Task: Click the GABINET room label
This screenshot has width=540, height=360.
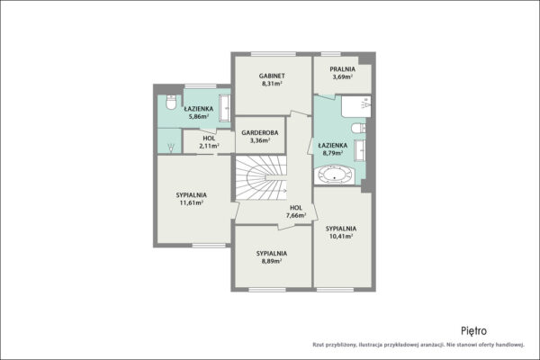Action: (272, 76)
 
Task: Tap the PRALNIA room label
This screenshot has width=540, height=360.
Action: (342, 69)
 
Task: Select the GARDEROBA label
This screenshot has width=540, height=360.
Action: (260, 132)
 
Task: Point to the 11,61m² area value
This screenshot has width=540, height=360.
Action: (191, 202)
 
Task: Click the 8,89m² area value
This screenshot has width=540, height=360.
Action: (272, 261)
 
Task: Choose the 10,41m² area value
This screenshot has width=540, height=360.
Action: (341, 236)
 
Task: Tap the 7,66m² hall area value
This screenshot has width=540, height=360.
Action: (296, 215)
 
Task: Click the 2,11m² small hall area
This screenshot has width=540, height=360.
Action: (209, 146)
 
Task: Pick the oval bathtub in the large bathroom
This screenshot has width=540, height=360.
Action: (335, 175)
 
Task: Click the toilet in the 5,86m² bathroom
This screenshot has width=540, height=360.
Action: (171, 102)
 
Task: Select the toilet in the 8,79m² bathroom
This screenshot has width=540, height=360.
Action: (358, 128)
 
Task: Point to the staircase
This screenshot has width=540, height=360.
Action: (261, 178)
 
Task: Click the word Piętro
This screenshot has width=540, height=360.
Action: (474, 331)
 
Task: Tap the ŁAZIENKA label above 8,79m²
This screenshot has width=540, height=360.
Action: (333, 146)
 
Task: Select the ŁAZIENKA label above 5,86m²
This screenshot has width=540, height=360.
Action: (199, 109)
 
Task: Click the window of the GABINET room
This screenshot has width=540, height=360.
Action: (274, 54)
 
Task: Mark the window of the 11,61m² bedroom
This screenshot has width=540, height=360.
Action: (209, 246)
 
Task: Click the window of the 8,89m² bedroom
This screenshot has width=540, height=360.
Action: (267, 290)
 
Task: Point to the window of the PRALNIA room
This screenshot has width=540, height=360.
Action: (331, 54)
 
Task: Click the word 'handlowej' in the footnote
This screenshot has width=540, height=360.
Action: (510, 345)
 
